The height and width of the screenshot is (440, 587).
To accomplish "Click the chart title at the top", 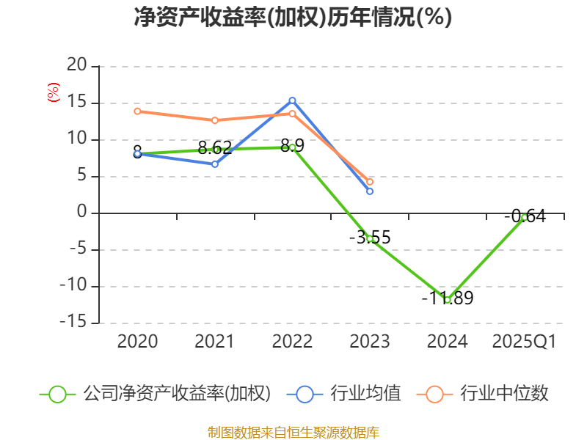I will tap(293, 18).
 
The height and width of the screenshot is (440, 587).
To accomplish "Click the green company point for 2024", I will tap(447, 299).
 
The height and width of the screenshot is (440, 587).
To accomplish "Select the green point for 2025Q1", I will tap(524, 217).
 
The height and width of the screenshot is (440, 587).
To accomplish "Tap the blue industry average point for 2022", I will tap(292, 100).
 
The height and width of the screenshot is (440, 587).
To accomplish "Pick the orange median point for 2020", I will tap(137, 111).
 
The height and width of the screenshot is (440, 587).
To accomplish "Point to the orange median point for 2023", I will tap(370, 181).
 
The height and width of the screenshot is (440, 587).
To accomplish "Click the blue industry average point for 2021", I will tap(215, 164).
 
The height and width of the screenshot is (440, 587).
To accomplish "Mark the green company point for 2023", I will tap(370, 238).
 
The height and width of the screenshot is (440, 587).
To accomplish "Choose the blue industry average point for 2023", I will tap(370, 191).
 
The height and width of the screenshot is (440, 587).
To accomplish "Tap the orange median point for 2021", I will tap(215, 120).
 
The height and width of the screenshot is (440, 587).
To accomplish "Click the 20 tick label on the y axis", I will tap(76, 66).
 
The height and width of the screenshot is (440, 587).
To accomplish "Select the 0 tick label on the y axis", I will tap(81, 213).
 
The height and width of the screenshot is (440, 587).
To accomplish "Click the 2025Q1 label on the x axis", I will tap(524, 342).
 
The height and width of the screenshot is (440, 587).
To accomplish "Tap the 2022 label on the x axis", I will tap(292, 342).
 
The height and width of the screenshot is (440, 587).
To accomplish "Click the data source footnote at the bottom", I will tap(293, 432).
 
